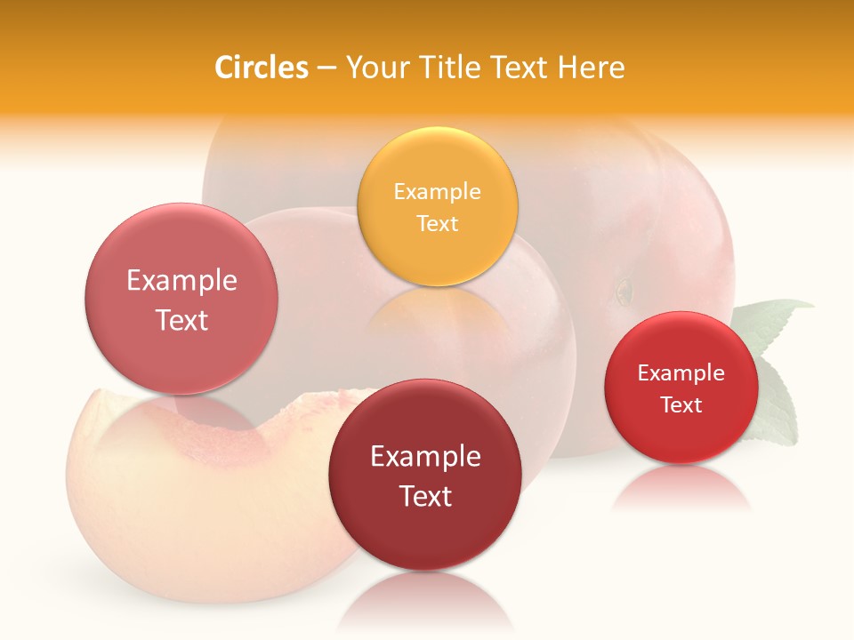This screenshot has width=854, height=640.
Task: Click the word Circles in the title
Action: pos(261,68)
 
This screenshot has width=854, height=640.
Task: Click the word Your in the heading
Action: pos(375,68)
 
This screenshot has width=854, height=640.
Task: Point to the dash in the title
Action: pos(326,68)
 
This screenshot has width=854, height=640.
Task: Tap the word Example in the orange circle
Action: pos(437,192)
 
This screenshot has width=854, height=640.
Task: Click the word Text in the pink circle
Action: pos(181,320)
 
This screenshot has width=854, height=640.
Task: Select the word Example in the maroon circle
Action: pos(425,457)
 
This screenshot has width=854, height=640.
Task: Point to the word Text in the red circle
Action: pos(681,405)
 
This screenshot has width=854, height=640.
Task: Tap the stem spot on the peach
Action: pos(624,289)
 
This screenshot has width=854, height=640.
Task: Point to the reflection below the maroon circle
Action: pos(425,600)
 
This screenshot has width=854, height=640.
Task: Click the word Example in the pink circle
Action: pos(181,281)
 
